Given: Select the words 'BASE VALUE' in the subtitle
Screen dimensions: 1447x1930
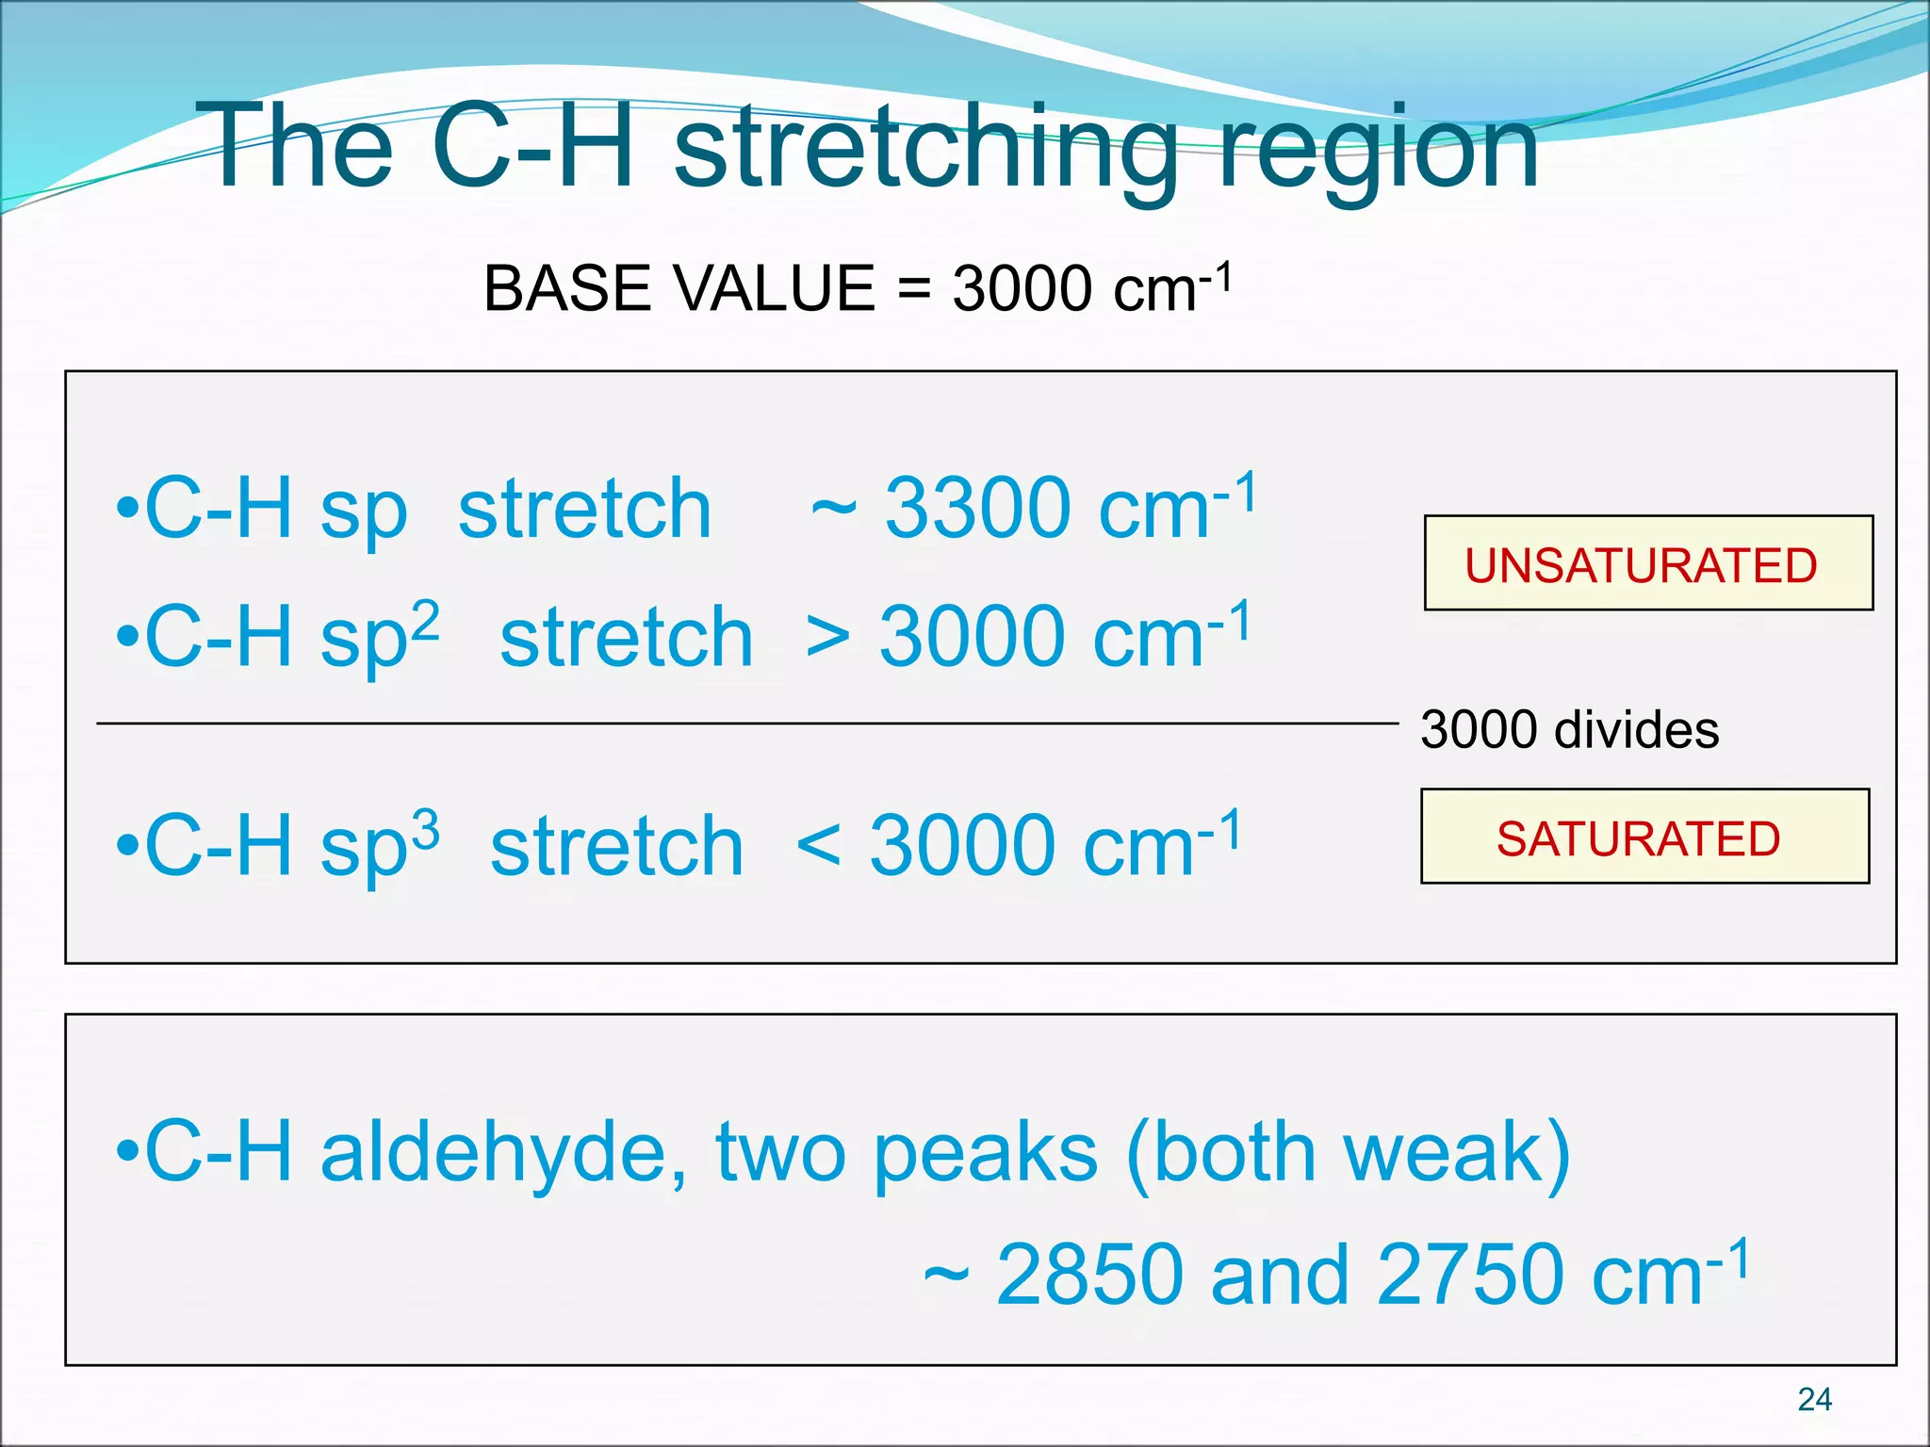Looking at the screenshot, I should click(x=679, y=288).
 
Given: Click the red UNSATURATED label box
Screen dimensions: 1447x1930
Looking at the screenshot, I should click(x=1648, y=563).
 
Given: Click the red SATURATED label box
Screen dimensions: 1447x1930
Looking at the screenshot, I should click(x=1644, y=837).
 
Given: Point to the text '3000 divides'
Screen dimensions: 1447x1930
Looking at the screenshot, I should click(x=1569, y=730).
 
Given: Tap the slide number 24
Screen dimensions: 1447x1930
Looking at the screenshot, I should click(x=1814, y=1399).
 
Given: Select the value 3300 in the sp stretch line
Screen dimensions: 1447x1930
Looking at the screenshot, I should click(x=977, y=509).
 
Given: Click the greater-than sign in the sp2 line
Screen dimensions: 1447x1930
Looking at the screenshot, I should click(x=828, y=638).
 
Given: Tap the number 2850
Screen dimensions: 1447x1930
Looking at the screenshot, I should click(x=1088, y=1276).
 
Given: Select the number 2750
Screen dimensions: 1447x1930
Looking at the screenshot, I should click(x=1469, y=1276).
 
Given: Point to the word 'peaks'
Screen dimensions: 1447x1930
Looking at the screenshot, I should click(x=985, y=1154).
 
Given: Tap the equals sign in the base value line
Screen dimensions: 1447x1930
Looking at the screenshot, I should click(x=913, y=289).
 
